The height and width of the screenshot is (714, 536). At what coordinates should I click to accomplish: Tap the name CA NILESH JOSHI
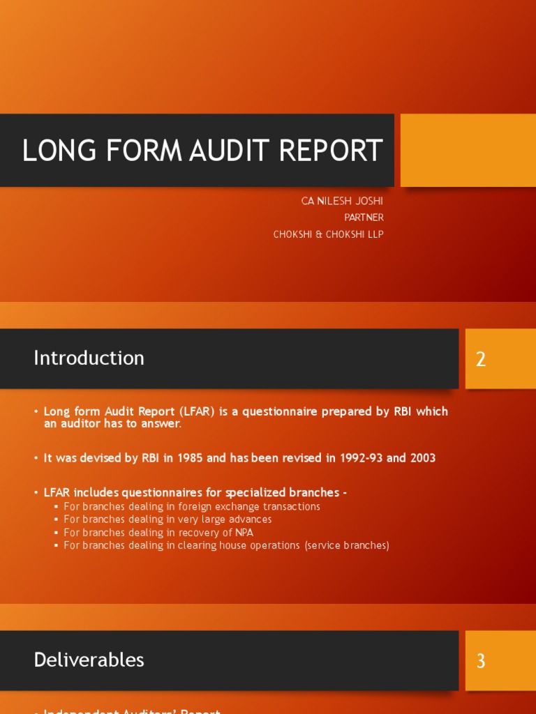[x=342, y=201]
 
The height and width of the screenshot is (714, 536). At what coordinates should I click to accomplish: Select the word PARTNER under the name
[x=364, y=218]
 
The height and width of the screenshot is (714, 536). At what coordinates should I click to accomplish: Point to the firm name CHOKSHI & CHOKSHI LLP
[x=328, y=234]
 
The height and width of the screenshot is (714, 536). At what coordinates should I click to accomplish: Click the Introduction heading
[x=89, y=358]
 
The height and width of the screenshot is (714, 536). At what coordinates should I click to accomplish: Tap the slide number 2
[x=481, y=359]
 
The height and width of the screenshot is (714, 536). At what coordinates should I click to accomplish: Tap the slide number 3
[x=481, y=661]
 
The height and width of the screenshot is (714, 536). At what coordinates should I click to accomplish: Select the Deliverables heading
[x=89, y=660]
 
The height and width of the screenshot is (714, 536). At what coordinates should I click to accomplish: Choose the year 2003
[x=422, y=458]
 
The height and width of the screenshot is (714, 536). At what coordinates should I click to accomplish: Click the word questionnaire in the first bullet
[x=276, y=411]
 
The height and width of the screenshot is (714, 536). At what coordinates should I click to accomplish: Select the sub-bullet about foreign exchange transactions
[x=191, y=507]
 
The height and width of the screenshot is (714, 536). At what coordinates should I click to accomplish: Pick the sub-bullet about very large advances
[x=167, y=519]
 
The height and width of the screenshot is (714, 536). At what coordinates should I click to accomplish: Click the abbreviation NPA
[x=244, y=533]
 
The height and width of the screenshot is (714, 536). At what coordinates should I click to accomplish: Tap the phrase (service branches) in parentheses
[x=347, y=545]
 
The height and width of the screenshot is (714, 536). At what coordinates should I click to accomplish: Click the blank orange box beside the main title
[x=468, y=150]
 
